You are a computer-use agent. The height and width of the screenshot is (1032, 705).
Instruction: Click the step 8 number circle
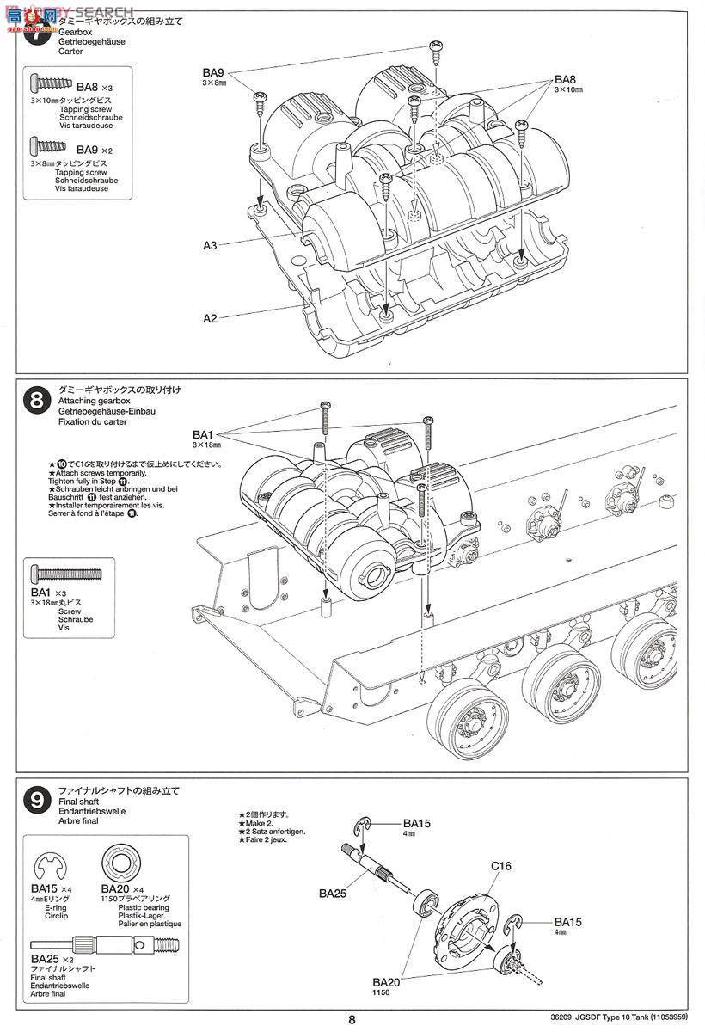coord(36,401)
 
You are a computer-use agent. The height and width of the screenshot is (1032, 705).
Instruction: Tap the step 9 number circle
coord(36,802)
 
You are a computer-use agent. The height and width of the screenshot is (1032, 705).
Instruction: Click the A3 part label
coord(210,245)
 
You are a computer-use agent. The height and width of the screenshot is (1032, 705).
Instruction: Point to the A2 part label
coord(210,318)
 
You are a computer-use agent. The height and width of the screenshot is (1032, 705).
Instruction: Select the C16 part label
coord(501,866)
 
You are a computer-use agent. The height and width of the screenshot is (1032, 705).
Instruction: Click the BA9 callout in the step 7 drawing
coord(214,72)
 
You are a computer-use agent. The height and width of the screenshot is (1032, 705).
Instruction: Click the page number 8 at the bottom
coord(352,1020)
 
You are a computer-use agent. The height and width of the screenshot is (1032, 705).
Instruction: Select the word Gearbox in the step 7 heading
coord(75,32)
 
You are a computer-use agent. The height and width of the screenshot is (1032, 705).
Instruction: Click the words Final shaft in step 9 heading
coord(78,802)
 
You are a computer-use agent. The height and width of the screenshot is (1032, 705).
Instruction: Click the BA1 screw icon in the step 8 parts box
coord(65,574)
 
